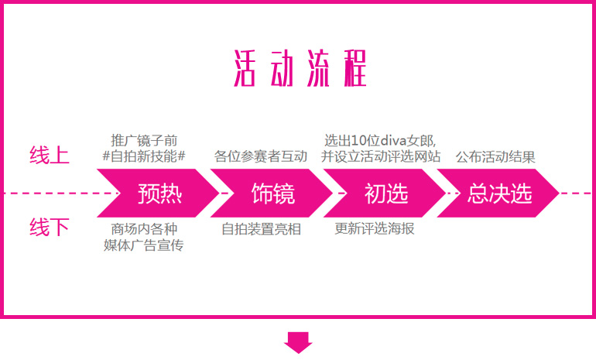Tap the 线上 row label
pos(50,155)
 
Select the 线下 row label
pos(50,228)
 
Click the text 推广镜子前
pos(144,140)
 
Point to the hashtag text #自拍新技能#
pos(144,156)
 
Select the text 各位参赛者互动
pos(261,156)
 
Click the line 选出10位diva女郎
pos(380,140)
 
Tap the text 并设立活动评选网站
pos(381,156)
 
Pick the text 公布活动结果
pos(495,156)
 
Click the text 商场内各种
pos(144,230)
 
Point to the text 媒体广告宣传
pos(144,245)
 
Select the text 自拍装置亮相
pos(261,230)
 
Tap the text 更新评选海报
pos(375,230)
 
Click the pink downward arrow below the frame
pos(298,341)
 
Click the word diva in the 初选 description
pos(389,140)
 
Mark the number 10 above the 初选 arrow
pos(358,140)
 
